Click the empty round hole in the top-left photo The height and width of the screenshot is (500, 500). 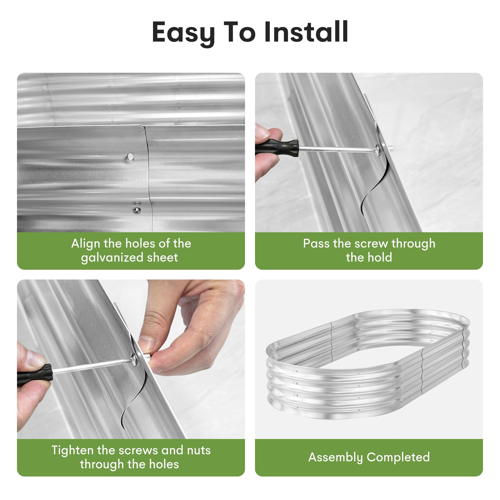tap(130, 156)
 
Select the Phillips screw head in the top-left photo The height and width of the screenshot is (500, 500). tap(137, 210)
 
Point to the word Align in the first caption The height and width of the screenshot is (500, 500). tap(86, 244)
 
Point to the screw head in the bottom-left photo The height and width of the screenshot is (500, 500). tap(134, 359)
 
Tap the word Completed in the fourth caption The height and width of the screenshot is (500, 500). tap(398, 457)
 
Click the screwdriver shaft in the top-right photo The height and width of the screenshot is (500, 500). tap(336, 149)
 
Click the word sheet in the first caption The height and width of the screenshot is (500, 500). tap(162, 258)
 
